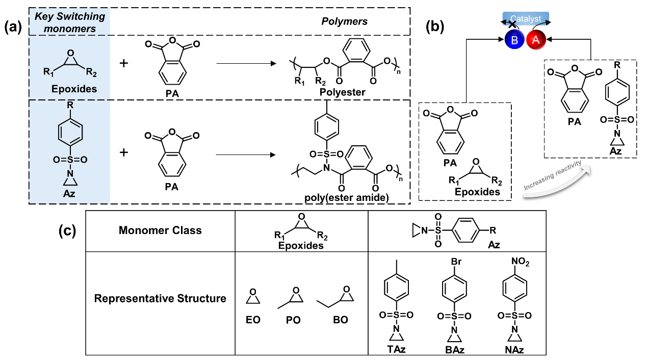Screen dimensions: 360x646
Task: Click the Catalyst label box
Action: coord(525,18)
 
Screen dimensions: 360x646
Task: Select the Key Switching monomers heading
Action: coord(69,22)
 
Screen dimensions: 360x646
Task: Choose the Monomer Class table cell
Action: coord(160,230)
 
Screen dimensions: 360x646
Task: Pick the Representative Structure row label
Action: coord(160,298)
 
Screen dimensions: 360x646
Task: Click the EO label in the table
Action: coord(253,320)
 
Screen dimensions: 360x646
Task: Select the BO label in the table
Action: coord(340,320)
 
